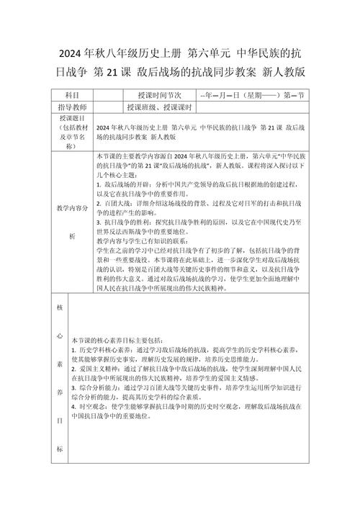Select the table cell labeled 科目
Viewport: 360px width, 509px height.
[x=73, y=95]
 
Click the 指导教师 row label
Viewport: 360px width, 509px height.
[x=73, y=107]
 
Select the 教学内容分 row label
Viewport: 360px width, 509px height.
[x=73, y=207]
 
